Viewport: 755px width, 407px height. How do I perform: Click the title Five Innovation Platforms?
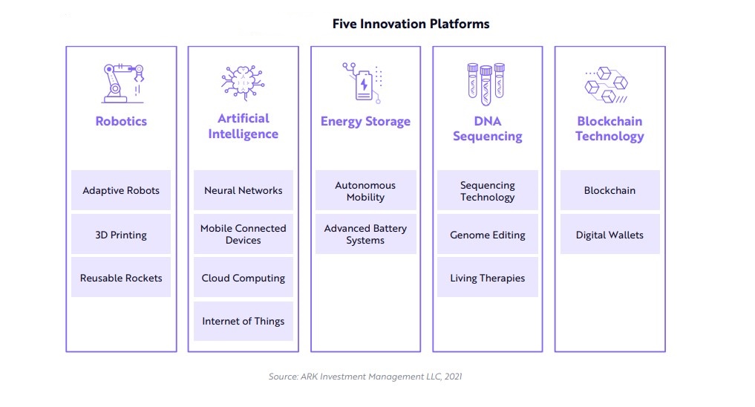click(x=411, y=24)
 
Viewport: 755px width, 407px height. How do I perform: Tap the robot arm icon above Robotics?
click(x=122, y=83)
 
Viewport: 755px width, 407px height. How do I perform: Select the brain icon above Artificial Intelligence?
click(x=243, y=83)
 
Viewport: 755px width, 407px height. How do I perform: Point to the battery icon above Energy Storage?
click(x=363, y=83)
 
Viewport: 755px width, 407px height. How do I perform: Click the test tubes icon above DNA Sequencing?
click(x=486, y=84)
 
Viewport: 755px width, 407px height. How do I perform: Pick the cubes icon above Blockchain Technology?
click(x=607, y=85)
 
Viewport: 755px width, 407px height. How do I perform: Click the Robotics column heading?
click(x=121, y=121)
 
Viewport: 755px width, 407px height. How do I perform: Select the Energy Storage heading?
click(x=365, y=121)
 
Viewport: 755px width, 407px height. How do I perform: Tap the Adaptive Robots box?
click(x=121, y=190)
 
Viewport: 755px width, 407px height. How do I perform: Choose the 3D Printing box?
click(x=121, y=235)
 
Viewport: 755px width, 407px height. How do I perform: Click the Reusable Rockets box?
click(x=121, y=278)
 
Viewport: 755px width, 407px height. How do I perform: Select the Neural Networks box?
click(x=244, y=190)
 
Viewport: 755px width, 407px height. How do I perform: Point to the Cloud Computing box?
click(x=244, y=278)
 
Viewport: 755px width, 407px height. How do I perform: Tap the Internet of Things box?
click(x=244, y=322)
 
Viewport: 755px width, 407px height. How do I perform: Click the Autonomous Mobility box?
click(x=365, y=190)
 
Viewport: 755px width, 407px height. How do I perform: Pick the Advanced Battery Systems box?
click(x=365, y=235)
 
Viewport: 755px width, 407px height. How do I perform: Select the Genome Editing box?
click(x=487, y=235)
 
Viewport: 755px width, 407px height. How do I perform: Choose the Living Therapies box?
click(x=487, y=278)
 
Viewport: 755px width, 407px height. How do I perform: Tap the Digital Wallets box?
click(x=609, y=235)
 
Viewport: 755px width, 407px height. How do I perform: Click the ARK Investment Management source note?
click(x=365, y=377)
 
